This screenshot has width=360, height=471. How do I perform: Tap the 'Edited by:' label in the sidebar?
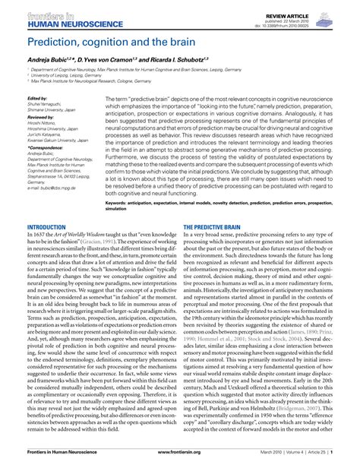(x=36, y=99)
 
